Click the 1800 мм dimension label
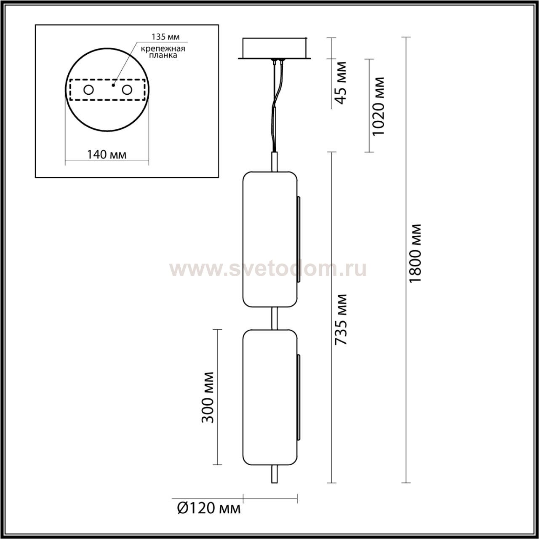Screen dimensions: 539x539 click(414, 253)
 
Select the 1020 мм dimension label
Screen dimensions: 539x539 click(378, 106)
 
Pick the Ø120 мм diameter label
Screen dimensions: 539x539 click(209, 508)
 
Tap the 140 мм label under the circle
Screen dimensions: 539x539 click(107, 155)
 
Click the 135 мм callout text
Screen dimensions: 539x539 click(165, 37)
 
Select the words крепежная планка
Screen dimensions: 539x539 click(163, 52)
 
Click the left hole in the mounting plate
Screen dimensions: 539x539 click(89, 90)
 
